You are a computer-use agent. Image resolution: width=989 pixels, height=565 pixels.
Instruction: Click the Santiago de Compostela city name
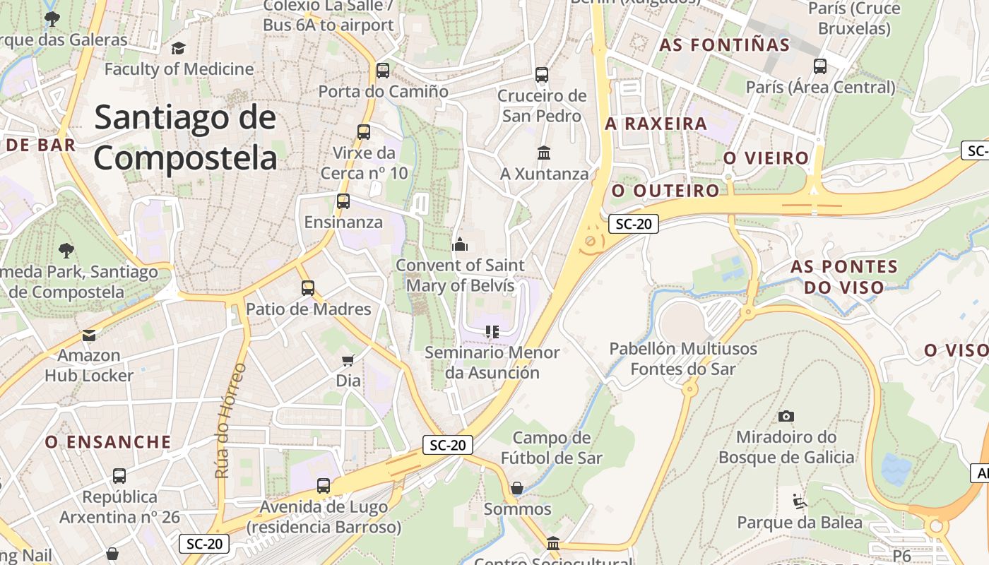185,137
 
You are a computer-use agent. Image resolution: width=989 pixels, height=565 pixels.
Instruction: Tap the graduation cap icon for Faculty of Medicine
178,48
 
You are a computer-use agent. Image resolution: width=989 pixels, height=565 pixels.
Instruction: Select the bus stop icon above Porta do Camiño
382,71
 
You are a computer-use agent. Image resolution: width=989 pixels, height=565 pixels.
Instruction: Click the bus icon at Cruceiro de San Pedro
542,74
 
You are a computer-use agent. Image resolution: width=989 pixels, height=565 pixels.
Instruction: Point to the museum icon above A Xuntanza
544,153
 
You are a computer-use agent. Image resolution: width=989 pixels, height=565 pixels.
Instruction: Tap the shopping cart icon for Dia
348,360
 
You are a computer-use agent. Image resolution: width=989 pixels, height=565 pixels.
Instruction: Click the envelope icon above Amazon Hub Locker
89,335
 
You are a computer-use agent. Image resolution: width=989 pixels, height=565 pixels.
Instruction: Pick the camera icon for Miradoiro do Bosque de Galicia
786,417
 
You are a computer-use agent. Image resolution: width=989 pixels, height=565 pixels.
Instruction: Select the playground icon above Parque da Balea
800,501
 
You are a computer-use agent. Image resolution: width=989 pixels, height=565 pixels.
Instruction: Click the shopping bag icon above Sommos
517,488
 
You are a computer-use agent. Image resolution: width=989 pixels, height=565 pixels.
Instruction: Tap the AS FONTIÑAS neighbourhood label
724,45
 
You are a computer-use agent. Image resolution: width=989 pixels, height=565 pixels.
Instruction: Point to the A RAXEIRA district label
656,124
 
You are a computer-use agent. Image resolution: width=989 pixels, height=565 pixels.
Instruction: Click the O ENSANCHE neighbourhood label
108,442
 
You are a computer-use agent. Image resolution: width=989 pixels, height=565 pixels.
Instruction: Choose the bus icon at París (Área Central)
819,66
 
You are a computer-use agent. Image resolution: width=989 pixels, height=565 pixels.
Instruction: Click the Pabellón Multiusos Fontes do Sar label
683,359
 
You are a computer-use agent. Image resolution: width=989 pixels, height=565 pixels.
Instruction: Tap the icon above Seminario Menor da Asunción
492,331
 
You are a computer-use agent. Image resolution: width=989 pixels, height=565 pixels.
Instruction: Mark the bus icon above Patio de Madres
307,288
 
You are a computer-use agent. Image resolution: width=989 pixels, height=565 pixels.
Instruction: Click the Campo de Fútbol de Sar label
552,448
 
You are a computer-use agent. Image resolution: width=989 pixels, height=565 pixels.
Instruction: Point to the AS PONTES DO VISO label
843,277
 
